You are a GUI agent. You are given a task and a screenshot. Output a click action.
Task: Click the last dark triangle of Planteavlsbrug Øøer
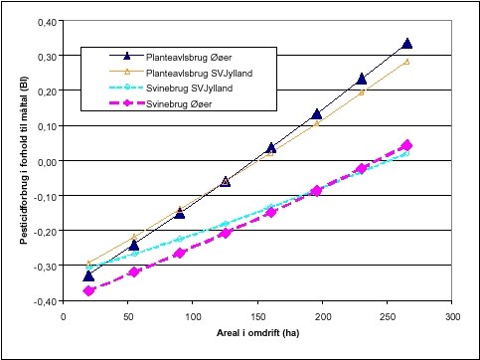[x=407, y=44]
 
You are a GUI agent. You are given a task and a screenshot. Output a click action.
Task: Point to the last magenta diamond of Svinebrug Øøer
[x=407, y=145]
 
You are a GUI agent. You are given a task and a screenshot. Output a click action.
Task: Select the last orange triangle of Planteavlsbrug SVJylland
[x=407, y=62]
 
